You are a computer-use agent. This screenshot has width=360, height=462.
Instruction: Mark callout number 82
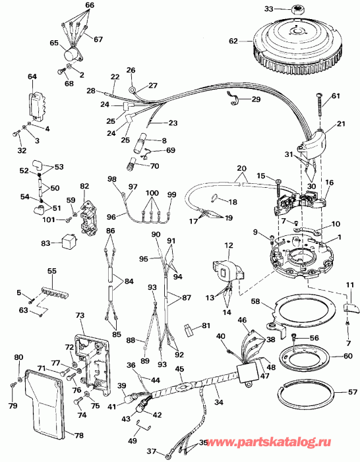(x=84, y=187)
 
